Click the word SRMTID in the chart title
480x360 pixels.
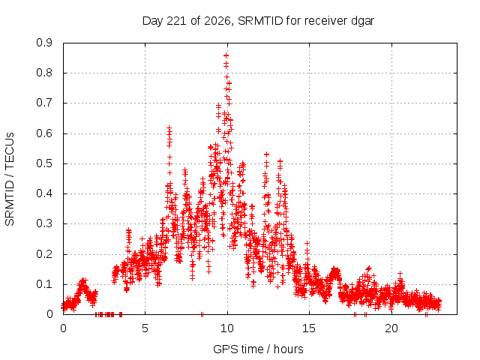pyautogui.click(x=260, y=21)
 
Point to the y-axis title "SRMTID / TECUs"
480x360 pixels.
pyautogui.click(x=10, y=179)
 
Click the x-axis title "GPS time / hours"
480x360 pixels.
pyautogui.click(x=258, y=349)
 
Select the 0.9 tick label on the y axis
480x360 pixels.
pyautogui.click(x=44, y=43)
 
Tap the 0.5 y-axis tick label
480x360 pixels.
pyautogui.click(x=44, y=163)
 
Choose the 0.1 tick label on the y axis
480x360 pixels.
pyautogui.click(x=44, y=284)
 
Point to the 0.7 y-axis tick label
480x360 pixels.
pyautogui.click(x=44, y=103)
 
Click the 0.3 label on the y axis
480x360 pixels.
pyautogui.click(x=44, y=223)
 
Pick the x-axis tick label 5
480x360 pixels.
pyautogui.click(x=145, y=328)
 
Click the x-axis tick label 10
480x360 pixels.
pyautogui.click(x=226, y=328)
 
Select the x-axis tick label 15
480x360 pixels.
pyautogui.click(x=309, y=328)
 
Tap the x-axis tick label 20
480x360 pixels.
pyautogui.click(x=391, y=328)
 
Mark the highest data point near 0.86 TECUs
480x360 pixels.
pyautogui.click(x=226, y=55)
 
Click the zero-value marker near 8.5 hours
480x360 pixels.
pyautogui.click(x=202, y=314)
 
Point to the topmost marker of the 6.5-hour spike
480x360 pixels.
pyautogui.click(x=169, y=127)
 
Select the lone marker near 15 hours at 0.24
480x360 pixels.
pyautogui.click(x=307, y=244)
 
